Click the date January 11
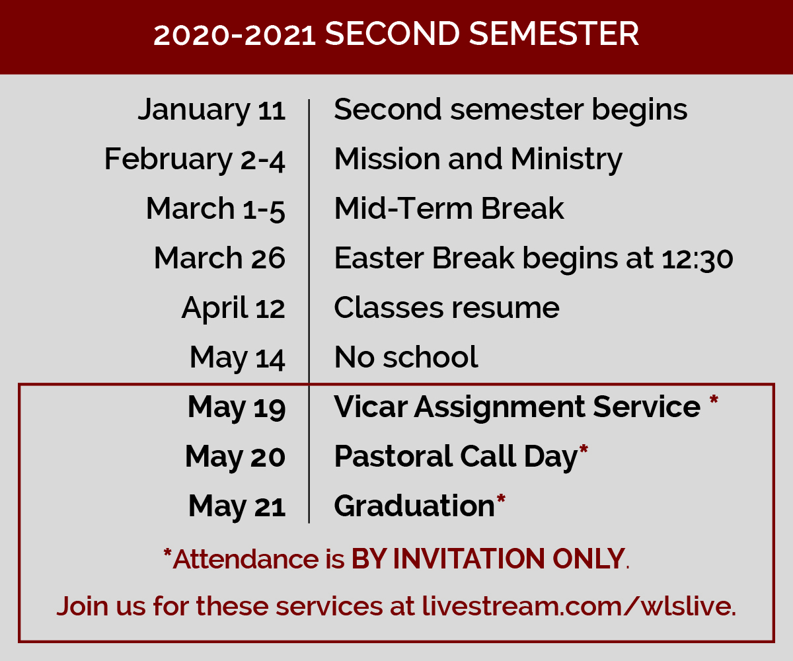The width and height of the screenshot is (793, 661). [211, 110]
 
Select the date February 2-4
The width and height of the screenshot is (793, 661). [194, 159]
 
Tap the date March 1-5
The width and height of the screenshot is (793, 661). [215, 209]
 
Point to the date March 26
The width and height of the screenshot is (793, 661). [219, 258]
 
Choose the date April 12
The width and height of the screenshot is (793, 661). [233, 309]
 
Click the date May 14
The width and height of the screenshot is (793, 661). [237, 358]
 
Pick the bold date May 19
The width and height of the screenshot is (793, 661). [236, 408]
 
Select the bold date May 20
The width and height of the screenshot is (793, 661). [235, 457]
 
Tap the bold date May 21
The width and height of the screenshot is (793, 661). [237, 506]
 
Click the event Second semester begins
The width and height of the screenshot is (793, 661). [510, 110]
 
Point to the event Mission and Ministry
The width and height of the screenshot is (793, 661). [478, 159]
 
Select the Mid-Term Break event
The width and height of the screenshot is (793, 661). [449, 209]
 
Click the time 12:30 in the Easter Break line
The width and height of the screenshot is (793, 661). [697, 259]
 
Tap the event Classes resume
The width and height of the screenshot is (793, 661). [447, 308]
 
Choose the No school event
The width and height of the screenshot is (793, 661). [406, 357]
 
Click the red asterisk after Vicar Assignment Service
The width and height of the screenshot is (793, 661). [714, 401]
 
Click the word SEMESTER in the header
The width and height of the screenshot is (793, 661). [554, 34]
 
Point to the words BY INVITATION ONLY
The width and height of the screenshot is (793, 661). [488, 559]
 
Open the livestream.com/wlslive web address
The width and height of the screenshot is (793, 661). [579, 606]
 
